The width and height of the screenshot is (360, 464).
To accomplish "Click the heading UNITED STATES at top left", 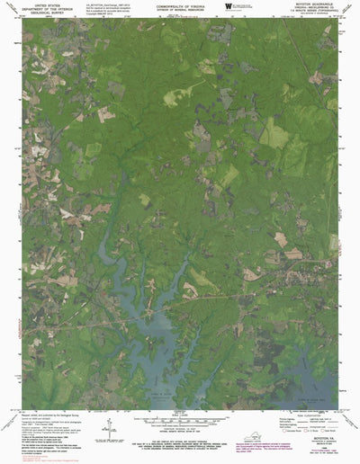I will [x=44, y=4].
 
